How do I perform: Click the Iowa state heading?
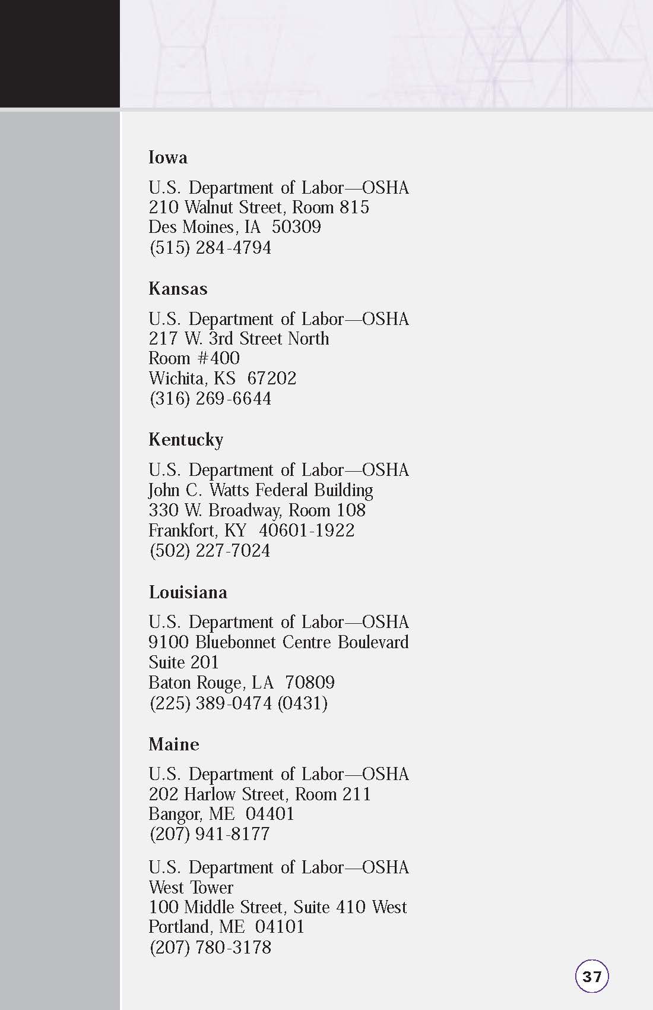tap(168, 157)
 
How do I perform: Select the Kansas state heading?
tap(178, 289)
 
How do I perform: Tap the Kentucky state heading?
tap(186, 440)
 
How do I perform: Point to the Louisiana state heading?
tap(188, 592)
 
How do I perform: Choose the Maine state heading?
tap(174, 744)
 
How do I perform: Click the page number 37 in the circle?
tap(592, 976)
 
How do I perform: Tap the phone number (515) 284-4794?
tap(210, 248)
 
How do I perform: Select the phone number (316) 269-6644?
tap(210, 398)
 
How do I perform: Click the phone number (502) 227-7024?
tap(210, 551)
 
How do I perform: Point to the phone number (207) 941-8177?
tap(210, 834)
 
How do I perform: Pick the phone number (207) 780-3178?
tap(210, 947)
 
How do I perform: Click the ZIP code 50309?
tap(296, 227)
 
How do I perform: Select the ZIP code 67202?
tap(271, 378)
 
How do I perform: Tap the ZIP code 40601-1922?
tap(306, 531)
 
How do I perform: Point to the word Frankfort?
tap(182, 531)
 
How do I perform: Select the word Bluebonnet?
tap(236, 642)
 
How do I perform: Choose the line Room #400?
tap(194, 358)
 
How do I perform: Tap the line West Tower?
tap(191, 888)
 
